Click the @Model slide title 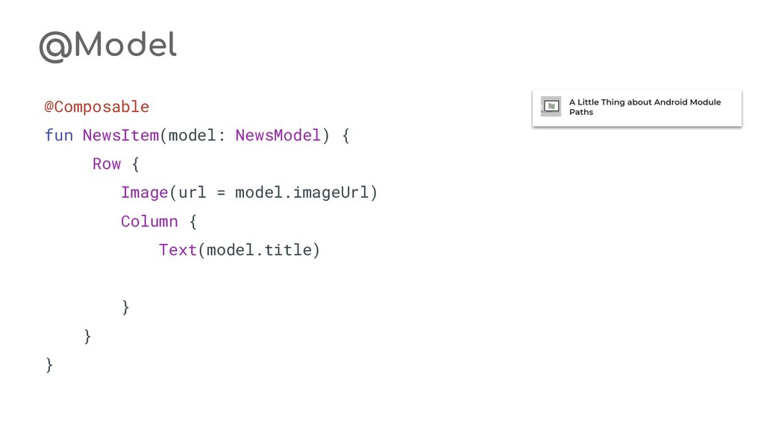click(107, 46)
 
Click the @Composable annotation click(97, 107)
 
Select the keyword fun click(59, 135)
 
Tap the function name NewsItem click(121, 135)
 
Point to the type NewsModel click(278, 135)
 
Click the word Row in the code click(107, 163)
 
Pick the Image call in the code click(145, 193)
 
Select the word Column click(149, 221)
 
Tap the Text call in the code click(178, 250)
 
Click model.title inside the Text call click(259, 250)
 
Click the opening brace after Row click(135, 163)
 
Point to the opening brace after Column click(192, 221)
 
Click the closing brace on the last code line click(50, 365)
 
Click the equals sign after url click(221, 193)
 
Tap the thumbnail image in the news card click(551, 107)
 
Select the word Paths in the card click(581, 112)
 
